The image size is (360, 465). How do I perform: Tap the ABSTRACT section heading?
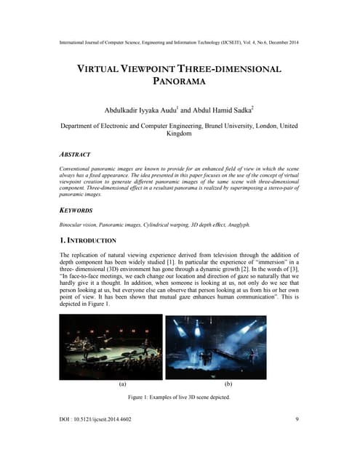pyautogui.click(x=75, y=155)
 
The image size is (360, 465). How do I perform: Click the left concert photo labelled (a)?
pyautogui.click(x=111, y=347)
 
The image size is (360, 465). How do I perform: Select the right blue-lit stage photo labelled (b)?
pyautogui.click(x=228, y=347)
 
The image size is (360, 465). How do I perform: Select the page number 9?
pyautogui.click(x=297, y=440)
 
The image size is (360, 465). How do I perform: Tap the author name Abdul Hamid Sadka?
pyautogui.click(x=218, y=110)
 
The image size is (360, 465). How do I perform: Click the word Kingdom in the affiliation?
pyautogui.click(x=180, y=134)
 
